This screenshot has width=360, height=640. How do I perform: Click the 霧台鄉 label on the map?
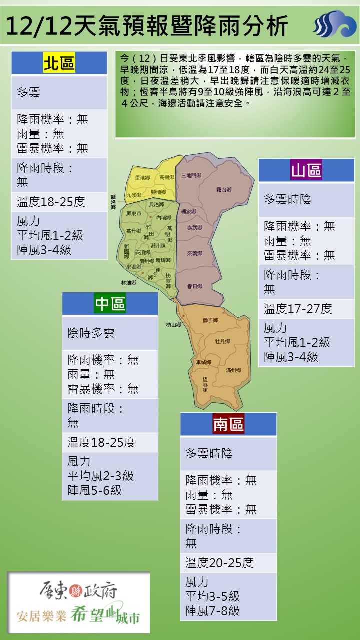tap(224, 190)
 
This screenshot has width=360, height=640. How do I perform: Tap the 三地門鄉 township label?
tap(191, 175)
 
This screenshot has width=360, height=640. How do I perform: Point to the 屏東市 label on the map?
tap(134, 213)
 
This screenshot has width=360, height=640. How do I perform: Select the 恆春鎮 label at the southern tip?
tap(205, 384)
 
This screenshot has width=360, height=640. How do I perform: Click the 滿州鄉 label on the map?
tap(233, 370)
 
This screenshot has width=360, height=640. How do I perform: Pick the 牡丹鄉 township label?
tap(222, 341)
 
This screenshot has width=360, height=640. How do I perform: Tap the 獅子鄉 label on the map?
tap(210, 320)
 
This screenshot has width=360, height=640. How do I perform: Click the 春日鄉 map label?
tap(194, 286)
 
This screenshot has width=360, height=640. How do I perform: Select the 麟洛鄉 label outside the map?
tap(113, 201)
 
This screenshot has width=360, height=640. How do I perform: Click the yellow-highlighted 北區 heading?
tap(59, 64)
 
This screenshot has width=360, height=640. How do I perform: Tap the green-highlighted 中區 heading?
tap(110, 304)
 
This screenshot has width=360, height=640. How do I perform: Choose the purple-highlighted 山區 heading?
tap(306, 170)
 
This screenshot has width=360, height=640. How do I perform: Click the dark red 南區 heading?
tap(228, 424)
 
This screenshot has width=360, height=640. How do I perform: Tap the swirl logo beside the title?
tap(334, 24)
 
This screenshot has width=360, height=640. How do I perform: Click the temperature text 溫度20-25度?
tap(220, 563)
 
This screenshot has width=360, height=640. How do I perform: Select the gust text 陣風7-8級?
tap(212, 610)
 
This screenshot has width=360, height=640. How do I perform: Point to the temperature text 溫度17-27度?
tap(298, 309)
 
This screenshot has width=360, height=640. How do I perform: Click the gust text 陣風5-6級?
tap(94, 490)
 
